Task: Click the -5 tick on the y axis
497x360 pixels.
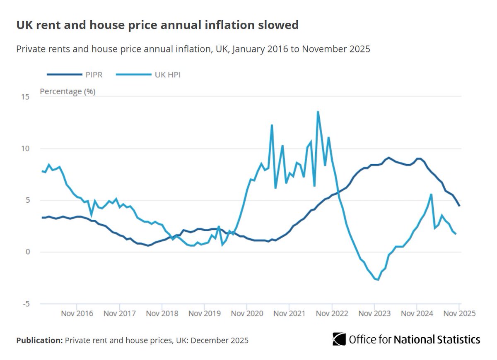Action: [x=25, y=304]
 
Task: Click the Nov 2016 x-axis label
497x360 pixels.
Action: [x=77, y=313]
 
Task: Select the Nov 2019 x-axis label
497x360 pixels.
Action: [x=204, y=313]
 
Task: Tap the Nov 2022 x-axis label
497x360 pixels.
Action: [x=332, y=313]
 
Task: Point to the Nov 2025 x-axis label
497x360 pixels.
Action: [x=458, y=313]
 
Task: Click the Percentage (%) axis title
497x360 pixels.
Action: [x=68, y=91]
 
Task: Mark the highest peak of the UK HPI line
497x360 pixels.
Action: [x=318, y=111]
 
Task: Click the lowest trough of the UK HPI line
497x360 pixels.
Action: [x=378, y=280]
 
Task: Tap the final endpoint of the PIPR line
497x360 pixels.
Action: [x=459, y=206]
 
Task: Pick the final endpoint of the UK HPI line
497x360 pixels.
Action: [x=456, y=234]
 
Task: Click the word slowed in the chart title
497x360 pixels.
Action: [x=279, y=25]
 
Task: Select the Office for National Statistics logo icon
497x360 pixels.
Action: [x=339, y=339]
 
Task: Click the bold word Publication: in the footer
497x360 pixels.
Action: [x=39, y=341]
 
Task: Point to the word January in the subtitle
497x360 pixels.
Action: [x=248, y=49]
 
